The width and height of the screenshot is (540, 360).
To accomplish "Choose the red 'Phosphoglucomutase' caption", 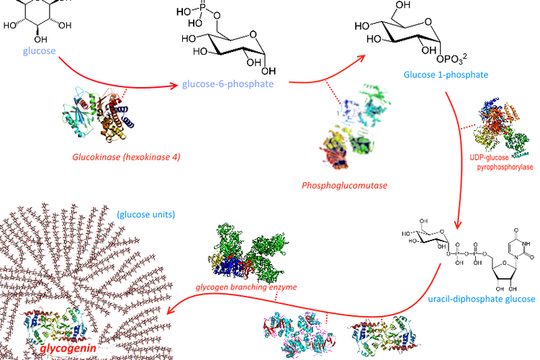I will click(x=345, y=186).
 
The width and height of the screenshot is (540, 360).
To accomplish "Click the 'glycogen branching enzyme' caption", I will click(x=245, y=286).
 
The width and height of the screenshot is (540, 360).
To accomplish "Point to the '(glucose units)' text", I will click(x=148, y=214).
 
